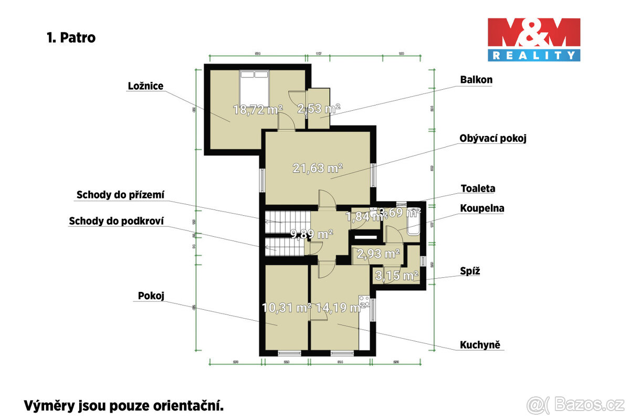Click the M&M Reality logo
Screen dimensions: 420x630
click(534, 39)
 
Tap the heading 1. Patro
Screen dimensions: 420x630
click(71, 38)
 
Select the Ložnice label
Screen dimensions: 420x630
click(146, 86)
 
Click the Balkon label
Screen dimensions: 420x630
click(476, 80)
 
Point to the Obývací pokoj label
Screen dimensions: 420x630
click(492, 139)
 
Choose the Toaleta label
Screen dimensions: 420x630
click(478, 188)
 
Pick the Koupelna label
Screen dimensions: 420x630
click(482, 208)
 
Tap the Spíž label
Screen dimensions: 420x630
click(471, 271)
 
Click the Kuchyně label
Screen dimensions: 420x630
click(479, 345)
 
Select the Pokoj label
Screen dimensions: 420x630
click(151, 296)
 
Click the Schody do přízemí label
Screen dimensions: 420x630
click(120, 195)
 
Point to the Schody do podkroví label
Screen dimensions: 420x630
click(116, 221)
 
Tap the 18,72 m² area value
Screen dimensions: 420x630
click(258, 109)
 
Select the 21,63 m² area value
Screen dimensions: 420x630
click(318, 169)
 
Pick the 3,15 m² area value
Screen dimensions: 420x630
click(396, 275)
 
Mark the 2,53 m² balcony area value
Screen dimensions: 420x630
click(319, 109)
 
